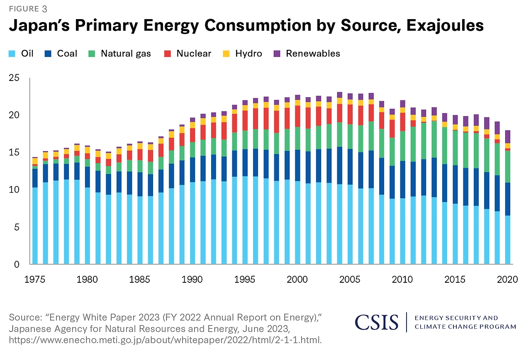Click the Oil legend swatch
[12, 54]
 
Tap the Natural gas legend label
[126, 54]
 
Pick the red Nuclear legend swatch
[167, 54]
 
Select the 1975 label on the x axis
[34, 279]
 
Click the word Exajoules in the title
[445, 26]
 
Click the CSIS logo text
[376, 322]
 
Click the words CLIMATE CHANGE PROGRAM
[465, 327]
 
